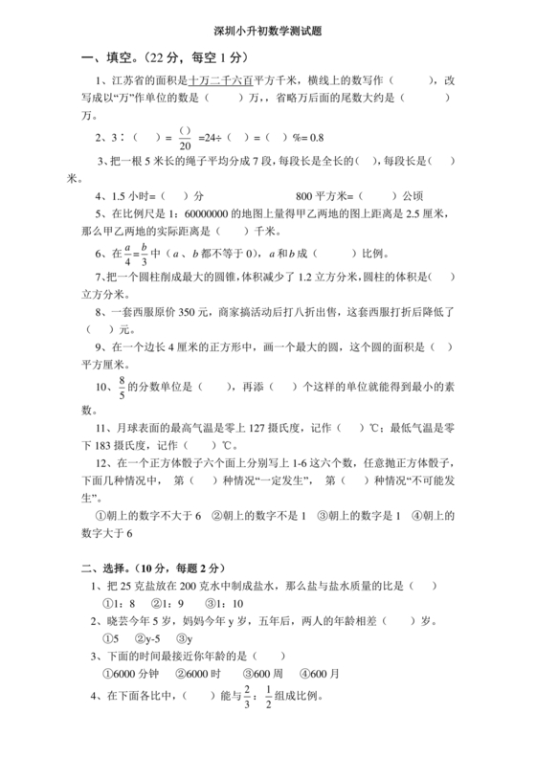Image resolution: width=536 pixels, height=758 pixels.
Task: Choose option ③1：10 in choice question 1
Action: point(225,604)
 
